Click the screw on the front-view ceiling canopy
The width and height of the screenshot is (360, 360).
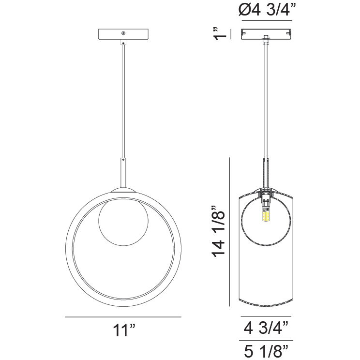tap(123, 33)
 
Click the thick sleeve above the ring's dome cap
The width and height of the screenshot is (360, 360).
tap(123, 172)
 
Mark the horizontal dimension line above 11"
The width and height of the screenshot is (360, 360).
tap(123, 317)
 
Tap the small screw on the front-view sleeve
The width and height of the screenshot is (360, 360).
tap(123, 159)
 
